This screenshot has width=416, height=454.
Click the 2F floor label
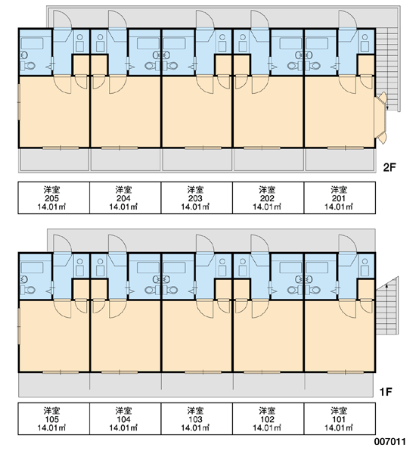tap(389, 167)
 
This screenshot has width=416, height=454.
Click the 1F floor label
tap(386, 392)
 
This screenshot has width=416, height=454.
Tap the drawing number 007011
tap(390, 442)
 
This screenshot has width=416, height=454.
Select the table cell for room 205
tap(54, 197)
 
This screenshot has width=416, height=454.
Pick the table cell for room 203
tap(197, 197)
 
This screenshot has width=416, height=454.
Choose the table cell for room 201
tap(340, 197)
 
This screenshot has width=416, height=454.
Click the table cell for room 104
tap(125, 418)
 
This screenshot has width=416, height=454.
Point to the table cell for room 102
tap(268, 418)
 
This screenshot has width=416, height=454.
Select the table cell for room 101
tap(340, 418)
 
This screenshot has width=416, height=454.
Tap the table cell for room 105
tap(54, 418)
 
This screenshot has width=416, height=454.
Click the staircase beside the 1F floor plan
tap(387, 306)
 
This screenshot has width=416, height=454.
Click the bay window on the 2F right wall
tap(381, 118)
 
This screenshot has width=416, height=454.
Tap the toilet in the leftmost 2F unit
tap(28, 66)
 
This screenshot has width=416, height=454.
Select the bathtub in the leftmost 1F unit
tap(32, 268)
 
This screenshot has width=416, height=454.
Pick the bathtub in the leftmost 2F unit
tap(32, 43)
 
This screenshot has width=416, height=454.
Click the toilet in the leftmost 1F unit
tap(28, 290)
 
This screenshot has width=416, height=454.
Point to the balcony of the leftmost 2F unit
tap(54, 160)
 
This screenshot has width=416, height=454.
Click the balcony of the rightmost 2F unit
tap(340, 160)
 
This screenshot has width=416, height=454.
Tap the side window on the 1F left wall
tap(19, 326)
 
